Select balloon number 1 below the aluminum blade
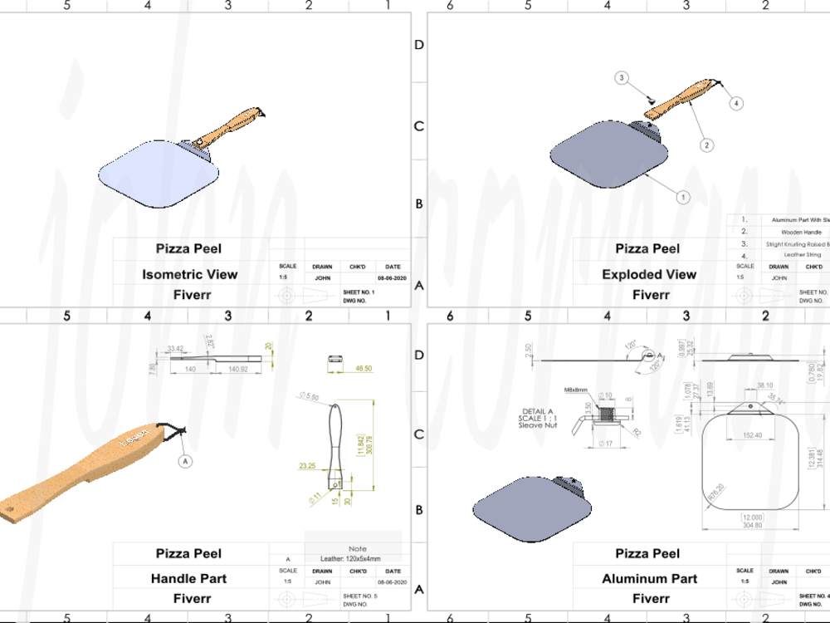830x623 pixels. (x=682, y=198)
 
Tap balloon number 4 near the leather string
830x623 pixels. (x=736, y=103)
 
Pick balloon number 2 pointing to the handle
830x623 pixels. (x=706, y=145)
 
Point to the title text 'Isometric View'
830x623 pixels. (x=189, y=274)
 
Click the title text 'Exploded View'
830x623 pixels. (x=648, y=274)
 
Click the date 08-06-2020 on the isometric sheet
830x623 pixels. (x=393, y=279)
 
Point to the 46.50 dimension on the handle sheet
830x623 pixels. (x=364, y=367)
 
